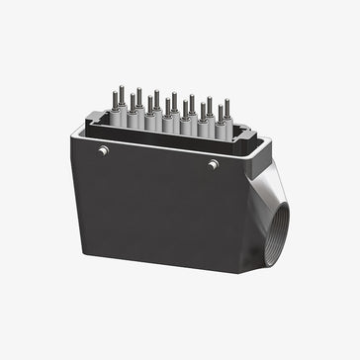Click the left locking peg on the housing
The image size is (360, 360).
pos(103,150)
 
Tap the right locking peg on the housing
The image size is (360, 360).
pos(213,164)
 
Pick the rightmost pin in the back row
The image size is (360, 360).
pos(226,107)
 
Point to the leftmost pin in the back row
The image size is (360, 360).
pos(122,94)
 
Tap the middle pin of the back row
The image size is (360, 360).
pos(174,101)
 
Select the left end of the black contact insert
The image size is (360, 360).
pos(94,123)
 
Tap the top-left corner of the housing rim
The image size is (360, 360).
pos(73,135)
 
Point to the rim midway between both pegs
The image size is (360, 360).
pos(158,157)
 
